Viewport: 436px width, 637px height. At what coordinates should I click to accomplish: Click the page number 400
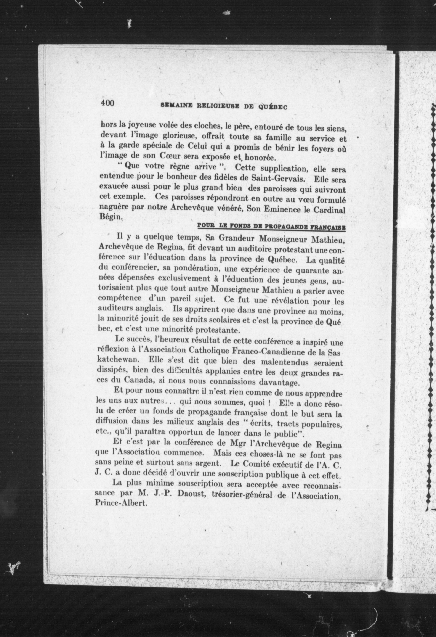tap(107, 103)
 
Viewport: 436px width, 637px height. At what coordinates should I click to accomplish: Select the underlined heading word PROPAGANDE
tap(289, 227)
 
